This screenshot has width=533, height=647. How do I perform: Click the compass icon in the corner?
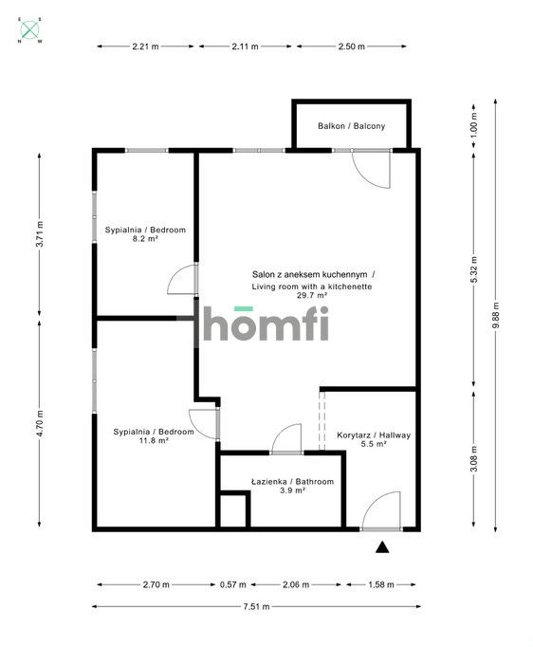coord(30,29)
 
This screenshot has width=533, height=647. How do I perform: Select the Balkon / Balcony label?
coord(352,126)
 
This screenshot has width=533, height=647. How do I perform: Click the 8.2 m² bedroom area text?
coord(145,238)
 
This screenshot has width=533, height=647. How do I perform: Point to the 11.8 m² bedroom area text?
coord(154,440)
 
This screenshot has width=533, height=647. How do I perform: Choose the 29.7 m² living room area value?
coord(312,295)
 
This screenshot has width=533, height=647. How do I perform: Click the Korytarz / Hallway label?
coord(374,434)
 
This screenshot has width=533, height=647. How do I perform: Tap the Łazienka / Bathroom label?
coord(292,481)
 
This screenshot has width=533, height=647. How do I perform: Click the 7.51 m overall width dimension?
coord(256,606)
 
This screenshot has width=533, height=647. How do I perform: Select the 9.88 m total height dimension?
coord(496,315)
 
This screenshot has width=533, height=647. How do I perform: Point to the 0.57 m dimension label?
coord(232,584)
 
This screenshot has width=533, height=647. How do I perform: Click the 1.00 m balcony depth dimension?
coord(473,124)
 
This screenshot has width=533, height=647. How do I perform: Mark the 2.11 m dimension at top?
coord(245,46)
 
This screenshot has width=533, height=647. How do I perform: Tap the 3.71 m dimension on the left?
coord(40,234)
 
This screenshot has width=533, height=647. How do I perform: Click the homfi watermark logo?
coord(266,323)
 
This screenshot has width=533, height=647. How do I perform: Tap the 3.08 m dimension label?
coord(473,459)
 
